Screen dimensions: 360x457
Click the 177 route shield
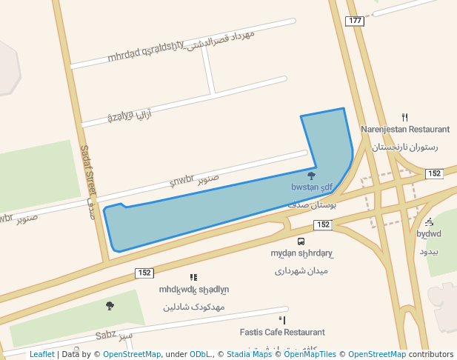pos(355,20)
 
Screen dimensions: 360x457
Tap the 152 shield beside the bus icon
pos(322,224)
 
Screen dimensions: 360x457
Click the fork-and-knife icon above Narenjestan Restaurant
pos(404,116)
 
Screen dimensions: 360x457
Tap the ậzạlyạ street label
pos(120,116)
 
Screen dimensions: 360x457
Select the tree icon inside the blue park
pos(311,176)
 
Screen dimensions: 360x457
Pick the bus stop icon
pos(301,241)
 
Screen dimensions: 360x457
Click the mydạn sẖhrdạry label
pos(301,254)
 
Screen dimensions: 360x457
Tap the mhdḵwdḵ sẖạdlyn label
pos(194,290)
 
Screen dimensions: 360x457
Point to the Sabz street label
pos(105,336)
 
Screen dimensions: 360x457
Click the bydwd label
pos(429,235)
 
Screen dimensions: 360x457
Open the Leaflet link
pos(41,355)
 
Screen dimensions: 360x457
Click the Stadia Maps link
pos(249,355)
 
